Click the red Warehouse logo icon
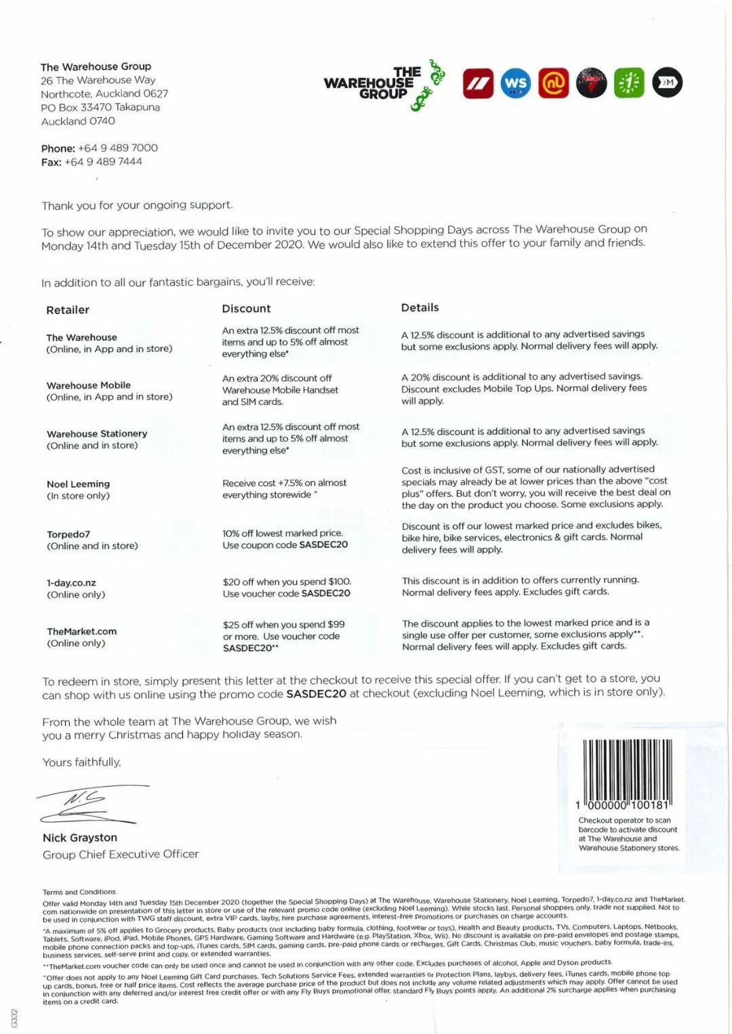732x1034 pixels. coord(478,83)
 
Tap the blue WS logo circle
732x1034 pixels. coord(516,83)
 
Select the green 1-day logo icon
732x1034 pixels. coord(629,83)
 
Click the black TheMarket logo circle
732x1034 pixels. coord(667,83)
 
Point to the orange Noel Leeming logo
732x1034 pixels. coord(554,83)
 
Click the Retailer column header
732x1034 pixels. coord(68,309)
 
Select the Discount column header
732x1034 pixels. coord(246,308)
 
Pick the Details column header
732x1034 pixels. coord(420,307)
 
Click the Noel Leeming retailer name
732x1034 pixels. coord(78,483)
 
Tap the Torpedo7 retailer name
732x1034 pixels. coord(68,534)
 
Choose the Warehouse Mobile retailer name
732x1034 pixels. coord(89,385)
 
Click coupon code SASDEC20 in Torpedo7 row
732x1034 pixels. coord(323,544)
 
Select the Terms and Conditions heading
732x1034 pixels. coord(79,892)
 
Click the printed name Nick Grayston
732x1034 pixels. coord(80,838)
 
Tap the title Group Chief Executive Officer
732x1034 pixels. coord(121,854)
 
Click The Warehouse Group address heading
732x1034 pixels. coord(96,66)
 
